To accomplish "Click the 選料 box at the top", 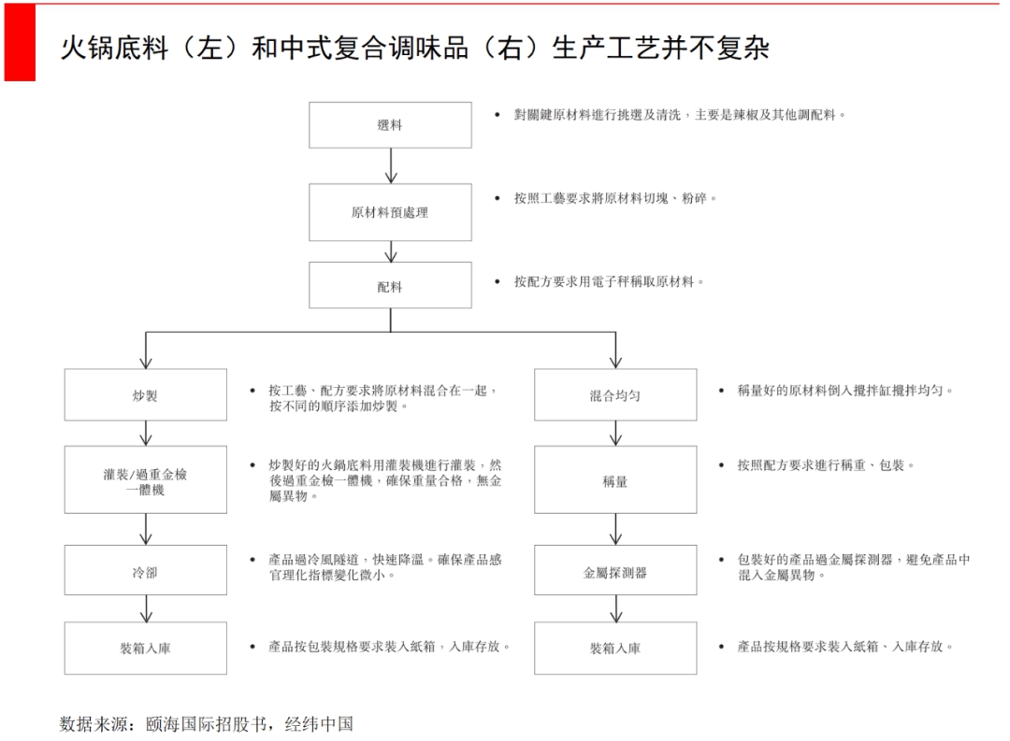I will click(390, 124).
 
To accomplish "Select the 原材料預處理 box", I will click(390, 212).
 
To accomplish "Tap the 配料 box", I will click(390, 286).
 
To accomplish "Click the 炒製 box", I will click(145, 394).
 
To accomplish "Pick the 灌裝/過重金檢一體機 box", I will click(145, 479).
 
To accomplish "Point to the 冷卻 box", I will click(145, 571).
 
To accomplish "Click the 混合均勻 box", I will click(615, 394).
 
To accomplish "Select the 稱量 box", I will click(615, 479).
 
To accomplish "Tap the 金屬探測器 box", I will click(615, 571).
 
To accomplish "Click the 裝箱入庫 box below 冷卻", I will click(145, 648).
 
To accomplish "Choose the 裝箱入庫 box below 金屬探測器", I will click(615, 648).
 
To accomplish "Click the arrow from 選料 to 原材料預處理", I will click(391, 165).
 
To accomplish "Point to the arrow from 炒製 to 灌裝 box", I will click(145, 433).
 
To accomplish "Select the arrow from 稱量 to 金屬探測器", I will click(615, 529).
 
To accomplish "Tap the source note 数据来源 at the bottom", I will click(207, 722).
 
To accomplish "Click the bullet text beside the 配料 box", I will click(608, 281).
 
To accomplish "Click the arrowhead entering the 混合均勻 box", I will click(615, 363).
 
